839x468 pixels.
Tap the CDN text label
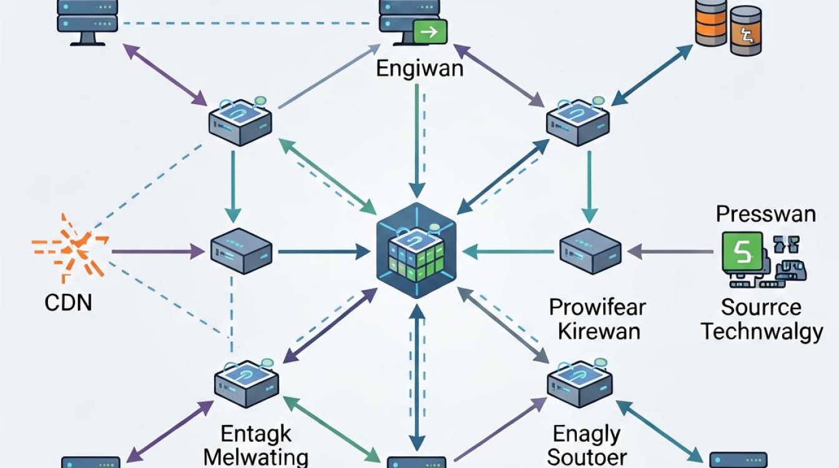point(68,303)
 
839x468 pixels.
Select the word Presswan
point(766,214)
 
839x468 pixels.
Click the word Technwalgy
point(762,332)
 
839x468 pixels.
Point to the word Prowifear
point(597,308)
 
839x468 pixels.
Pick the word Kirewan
point(599,332)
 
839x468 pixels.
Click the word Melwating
point(256,457)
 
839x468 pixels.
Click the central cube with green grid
point(417,250)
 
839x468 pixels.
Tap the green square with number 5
point(742,251)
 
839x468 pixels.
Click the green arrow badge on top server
point(430,32)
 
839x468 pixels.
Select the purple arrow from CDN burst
point(158,251)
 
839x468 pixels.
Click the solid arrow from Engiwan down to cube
point(417,140)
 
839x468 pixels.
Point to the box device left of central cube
point(241,250)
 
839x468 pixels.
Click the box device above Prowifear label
point(591,250)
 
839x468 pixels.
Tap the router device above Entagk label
point(247,383)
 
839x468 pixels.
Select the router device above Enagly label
point(580,383)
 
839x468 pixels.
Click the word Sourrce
point(761,308)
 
